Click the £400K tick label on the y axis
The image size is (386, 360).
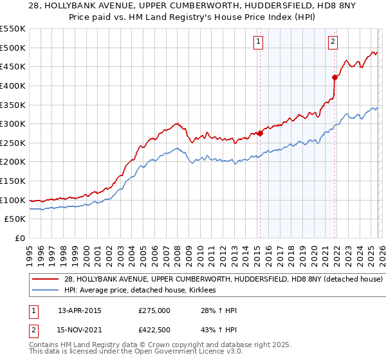click(13, 85)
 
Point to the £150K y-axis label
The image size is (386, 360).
click(13, 181)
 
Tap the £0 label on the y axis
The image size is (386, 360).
click(19, 238)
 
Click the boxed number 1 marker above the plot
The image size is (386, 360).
click(259, 42)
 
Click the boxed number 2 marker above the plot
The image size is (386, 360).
click(333, 42)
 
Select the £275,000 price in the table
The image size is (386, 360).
click(154, 310)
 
